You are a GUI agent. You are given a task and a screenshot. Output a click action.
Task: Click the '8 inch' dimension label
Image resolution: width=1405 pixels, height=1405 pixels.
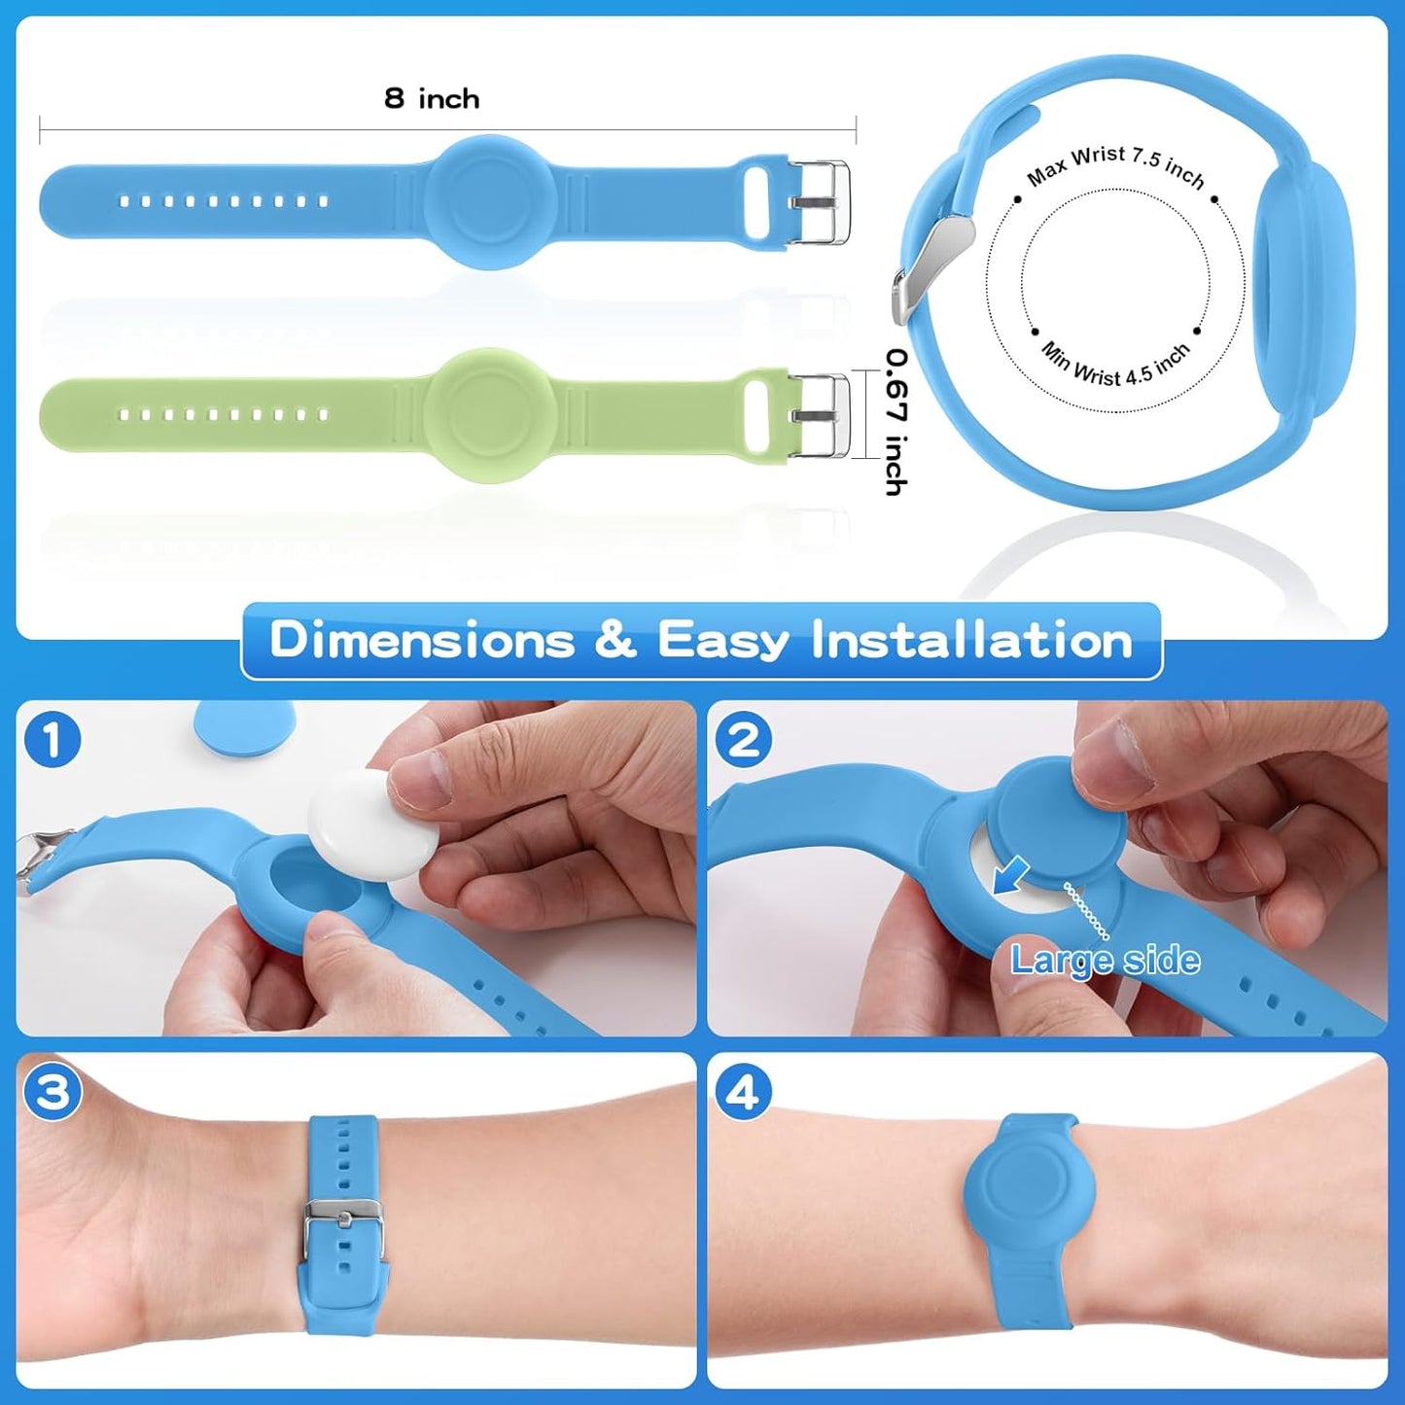point(432,98)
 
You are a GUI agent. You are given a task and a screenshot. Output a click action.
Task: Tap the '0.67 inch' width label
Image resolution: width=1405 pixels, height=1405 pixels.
point(896,422)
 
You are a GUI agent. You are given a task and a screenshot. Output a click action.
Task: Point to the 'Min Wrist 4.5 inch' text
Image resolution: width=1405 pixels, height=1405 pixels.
point(1115,366)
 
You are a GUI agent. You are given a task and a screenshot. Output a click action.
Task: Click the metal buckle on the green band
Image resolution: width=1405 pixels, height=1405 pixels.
point(819,415)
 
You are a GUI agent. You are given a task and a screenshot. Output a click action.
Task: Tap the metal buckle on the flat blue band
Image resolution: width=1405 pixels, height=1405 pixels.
point(819,202)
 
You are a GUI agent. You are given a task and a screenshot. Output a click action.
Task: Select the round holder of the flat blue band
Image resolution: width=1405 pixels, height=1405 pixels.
point(490,202)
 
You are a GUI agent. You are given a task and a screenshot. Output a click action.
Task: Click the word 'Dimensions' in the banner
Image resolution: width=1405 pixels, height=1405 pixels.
point(422,641)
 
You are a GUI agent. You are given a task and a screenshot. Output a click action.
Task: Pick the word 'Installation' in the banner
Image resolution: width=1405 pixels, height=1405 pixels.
point(972,641)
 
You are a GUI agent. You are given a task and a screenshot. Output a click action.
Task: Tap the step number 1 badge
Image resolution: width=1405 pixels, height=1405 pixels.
point(53,740)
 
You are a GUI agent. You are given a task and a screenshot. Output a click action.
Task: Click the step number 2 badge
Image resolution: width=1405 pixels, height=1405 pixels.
point(744,740)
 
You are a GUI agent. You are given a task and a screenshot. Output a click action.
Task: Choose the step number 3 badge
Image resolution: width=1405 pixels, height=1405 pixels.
point(53,1092)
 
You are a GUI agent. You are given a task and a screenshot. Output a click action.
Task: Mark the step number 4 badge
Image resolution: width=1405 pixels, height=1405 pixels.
point(744,1092)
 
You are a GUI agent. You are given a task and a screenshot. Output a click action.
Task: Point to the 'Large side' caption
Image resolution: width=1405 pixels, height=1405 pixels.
point(1105,961)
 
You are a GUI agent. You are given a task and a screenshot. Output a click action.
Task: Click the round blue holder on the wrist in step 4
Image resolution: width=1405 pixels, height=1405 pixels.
point(1030,1189)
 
